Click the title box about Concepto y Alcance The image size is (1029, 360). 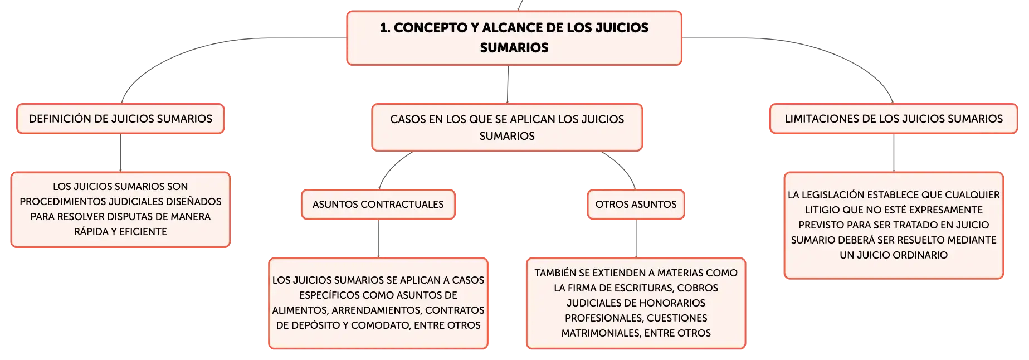click(x=514, y=38)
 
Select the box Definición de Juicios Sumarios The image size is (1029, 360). click(x=120, y=119)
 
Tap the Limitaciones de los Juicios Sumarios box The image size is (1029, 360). click(x=894, y=119)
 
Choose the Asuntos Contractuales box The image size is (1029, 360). click(x=378, y=205)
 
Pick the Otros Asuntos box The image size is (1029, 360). click(x=636, y=205)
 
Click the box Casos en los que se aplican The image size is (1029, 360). click(x=507, y=127)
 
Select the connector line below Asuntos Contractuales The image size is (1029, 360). click(x=378, y=239)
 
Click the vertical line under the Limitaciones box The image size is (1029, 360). click(x=894, y=153)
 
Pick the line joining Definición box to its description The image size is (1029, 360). click(x=120, y=153)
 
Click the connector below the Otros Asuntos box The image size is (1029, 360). click(x=636, y=239)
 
